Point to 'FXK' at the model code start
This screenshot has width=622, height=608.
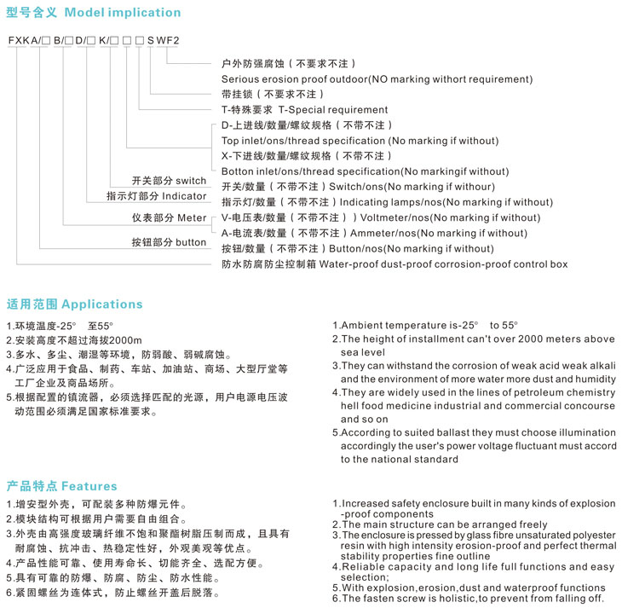(20, 40)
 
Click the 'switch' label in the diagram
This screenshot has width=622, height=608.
(191, 181)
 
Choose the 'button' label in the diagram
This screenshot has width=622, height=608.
(191, 242)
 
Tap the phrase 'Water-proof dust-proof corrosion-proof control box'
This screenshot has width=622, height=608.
(443, 264)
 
